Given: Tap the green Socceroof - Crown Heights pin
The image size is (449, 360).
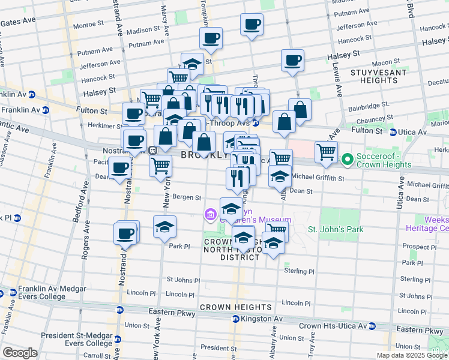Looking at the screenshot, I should pyautogui.click(x=346, y=160).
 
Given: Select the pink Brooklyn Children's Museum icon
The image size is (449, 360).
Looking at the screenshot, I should pyautogui.click(x=210, y=214).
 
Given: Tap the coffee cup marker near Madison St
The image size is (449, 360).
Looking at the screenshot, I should pyautogui.click(x=252, y=25).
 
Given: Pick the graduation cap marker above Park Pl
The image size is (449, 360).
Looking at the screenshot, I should pyautogui.click(x=164, y=227).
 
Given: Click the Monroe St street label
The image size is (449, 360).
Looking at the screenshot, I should pyautogui.click(x=88, y=26).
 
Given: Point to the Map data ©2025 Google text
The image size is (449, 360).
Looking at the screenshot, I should pyautogui.click(x=411, y=355).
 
